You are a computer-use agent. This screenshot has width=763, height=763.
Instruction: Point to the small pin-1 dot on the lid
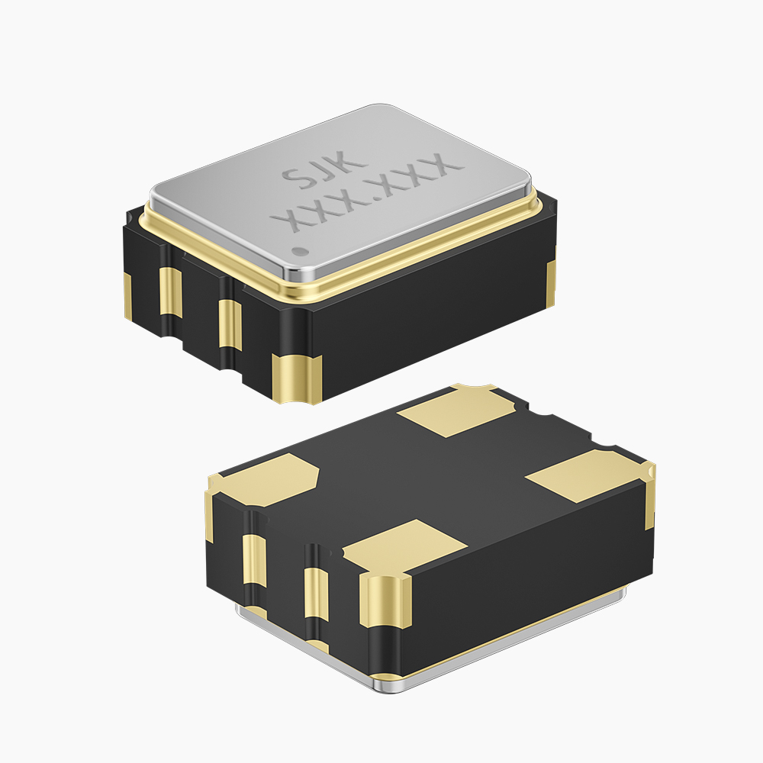[298, 250]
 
